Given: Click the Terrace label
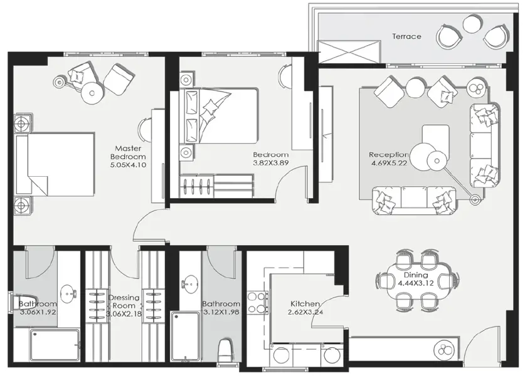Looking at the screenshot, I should click(x=406, y=36).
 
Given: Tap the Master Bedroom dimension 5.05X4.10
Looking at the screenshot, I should click(x=128, y=166).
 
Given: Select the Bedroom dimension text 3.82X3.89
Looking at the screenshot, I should click(x=270, y=164).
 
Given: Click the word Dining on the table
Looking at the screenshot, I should click(x=415, y=274).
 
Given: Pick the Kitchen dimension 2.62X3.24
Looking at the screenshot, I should click(x=304, y=312).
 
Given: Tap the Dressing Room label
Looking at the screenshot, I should click(x=123, y=301).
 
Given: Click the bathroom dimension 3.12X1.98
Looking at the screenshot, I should click(x=221, y=313).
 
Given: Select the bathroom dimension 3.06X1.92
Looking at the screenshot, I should click(x=38, y=312).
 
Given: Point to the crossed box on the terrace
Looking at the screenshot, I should click(x=349, y=52).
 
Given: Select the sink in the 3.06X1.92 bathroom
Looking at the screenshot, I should click(x=68, y=292).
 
